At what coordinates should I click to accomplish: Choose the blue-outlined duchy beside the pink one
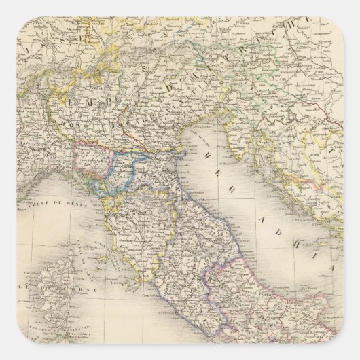tap(122, 170)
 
